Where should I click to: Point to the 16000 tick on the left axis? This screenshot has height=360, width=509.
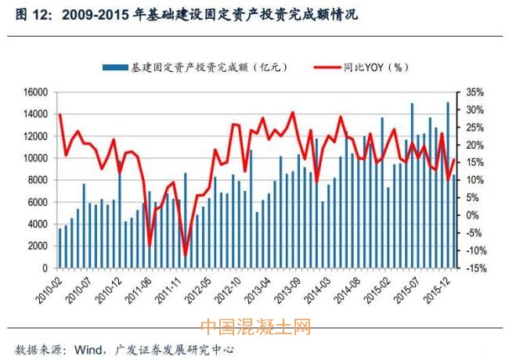pos(36,92)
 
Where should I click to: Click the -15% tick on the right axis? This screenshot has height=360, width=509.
pos(477,268)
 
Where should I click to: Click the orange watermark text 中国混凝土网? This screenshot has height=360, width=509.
pos(255,326)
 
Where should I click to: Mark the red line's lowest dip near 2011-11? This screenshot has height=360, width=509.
pos(186,254)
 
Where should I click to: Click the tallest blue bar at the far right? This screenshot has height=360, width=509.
pos(448,185)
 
